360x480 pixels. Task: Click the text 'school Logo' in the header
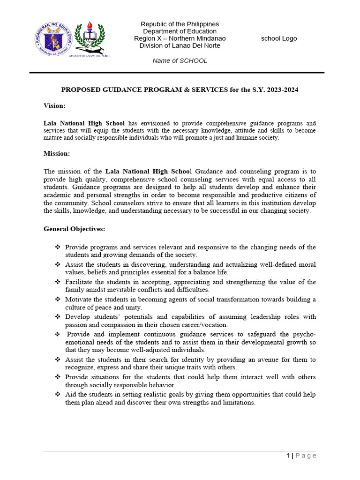coord(279,38)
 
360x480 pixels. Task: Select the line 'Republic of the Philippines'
coord(180,24)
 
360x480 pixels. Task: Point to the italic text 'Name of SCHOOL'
coord(180,60)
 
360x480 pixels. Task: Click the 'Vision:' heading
coord(54,106)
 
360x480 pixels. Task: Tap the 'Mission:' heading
coord(57,153)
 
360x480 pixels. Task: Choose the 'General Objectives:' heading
coord(75,229)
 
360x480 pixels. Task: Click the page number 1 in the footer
coord(288,455)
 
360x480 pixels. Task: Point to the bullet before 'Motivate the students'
coord(58,299)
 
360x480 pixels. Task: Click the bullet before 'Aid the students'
coord(58,394)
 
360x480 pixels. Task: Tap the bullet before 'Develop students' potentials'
coord(58,316)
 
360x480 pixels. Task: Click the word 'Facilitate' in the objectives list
coord(79,282)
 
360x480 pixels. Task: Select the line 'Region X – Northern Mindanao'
coord(180,38)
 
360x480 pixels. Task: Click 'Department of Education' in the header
coord(180,31)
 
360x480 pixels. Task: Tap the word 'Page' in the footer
coord(306,455)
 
